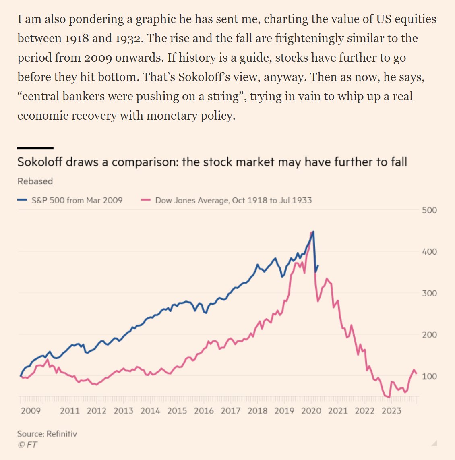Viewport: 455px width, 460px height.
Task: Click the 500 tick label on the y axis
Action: click(x=429, y=210)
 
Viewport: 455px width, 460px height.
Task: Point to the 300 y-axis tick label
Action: click(x=429, y=293)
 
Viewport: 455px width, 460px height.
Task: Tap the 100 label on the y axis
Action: click(x=429, y=376)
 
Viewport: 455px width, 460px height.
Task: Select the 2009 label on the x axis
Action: click(x=31, y=411)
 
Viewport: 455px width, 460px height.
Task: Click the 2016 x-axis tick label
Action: click(x=204, y=411)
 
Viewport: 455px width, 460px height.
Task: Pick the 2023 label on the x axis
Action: click(x=391, y=411)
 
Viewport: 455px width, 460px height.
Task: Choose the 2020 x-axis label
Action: click(x=311, y=411)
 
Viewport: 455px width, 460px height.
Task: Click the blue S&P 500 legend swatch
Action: click(x=23, y=200)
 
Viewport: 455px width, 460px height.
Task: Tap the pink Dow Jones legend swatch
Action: click(x=146, y=200)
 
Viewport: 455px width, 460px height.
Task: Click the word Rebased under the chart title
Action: click(x=35, y=181)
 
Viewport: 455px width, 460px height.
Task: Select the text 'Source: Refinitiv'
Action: click(x=47, y=434)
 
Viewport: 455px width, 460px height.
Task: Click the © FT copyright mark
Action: click(x=27, y=445)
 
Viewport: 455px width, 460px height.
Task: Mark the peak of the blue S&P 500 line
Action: click(x=313, y=232)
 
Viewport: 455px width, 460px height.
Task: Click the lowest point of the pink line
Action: click(x=389, y=398)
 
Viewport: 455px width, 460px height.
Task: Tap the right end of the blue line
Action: click(x=318, y=265)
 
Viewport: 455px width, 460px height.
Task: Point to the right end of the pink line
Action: click(x=417, y=373)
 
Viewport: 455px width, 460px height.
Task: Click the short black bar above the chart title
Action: click(x=35, y=148)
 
